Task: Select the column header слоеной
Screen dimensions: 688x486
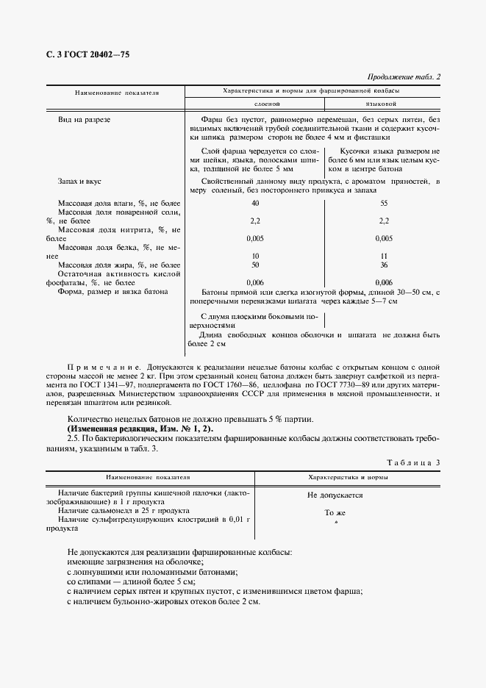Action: tap(254, 104)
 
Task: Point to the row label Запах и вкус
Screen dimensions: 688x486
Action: tap(78, 180)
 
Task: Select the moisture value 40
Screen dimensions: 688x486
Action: tap(254, 203)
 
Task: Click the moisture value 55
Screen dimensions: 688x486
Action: tap(382, 203)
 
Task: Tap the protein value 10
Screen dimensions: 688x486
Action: tap(254, 255)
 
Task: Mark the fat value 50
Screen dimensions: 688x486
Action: tap(254, 264)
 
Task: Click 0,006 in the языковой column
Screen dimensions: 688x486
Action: tap(382, 282)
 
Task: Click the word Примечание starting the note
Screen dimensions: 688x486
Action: tap(99, 365)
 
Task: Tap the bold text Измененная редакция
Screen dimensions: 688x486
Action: tap(110, 428)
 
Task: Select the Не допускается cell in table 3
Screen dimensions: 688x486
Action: tap(335, 495)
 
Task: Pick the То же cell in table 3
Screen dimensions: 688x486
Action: tap(335, 514)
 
